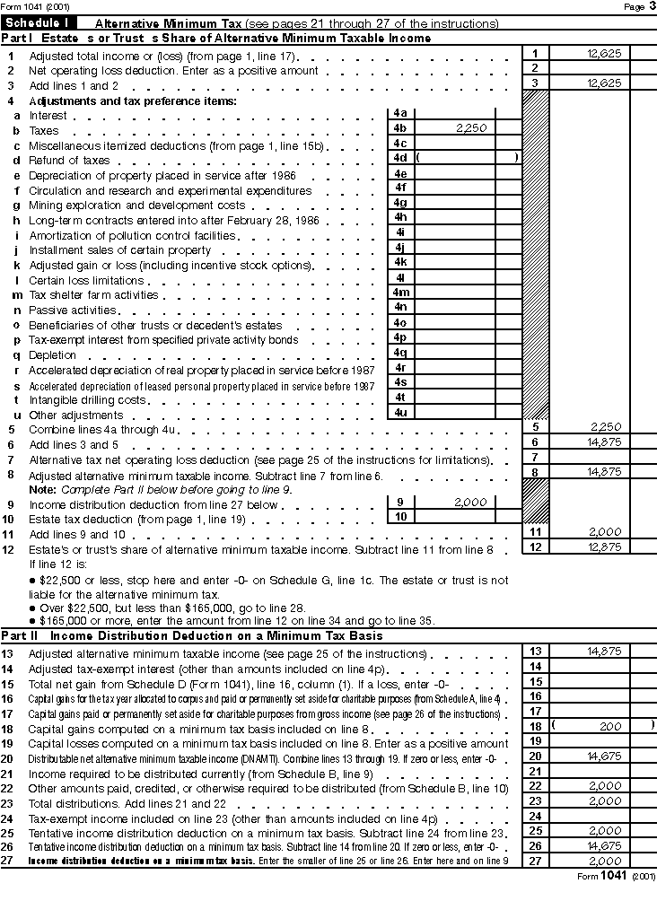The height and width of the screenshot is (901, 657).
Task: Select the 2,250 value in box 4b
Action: pos(470,128)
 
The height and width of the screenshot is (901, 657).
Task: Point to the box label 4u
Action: pos(400,412)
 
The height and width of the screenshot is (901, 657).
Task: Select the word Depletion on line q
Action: pos(52,355)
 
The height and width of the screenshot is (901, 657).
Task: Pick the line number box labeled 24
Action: pos(536,816)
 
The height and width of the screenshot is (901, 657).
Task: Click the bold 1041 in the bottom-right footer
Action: pos(612,876)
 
